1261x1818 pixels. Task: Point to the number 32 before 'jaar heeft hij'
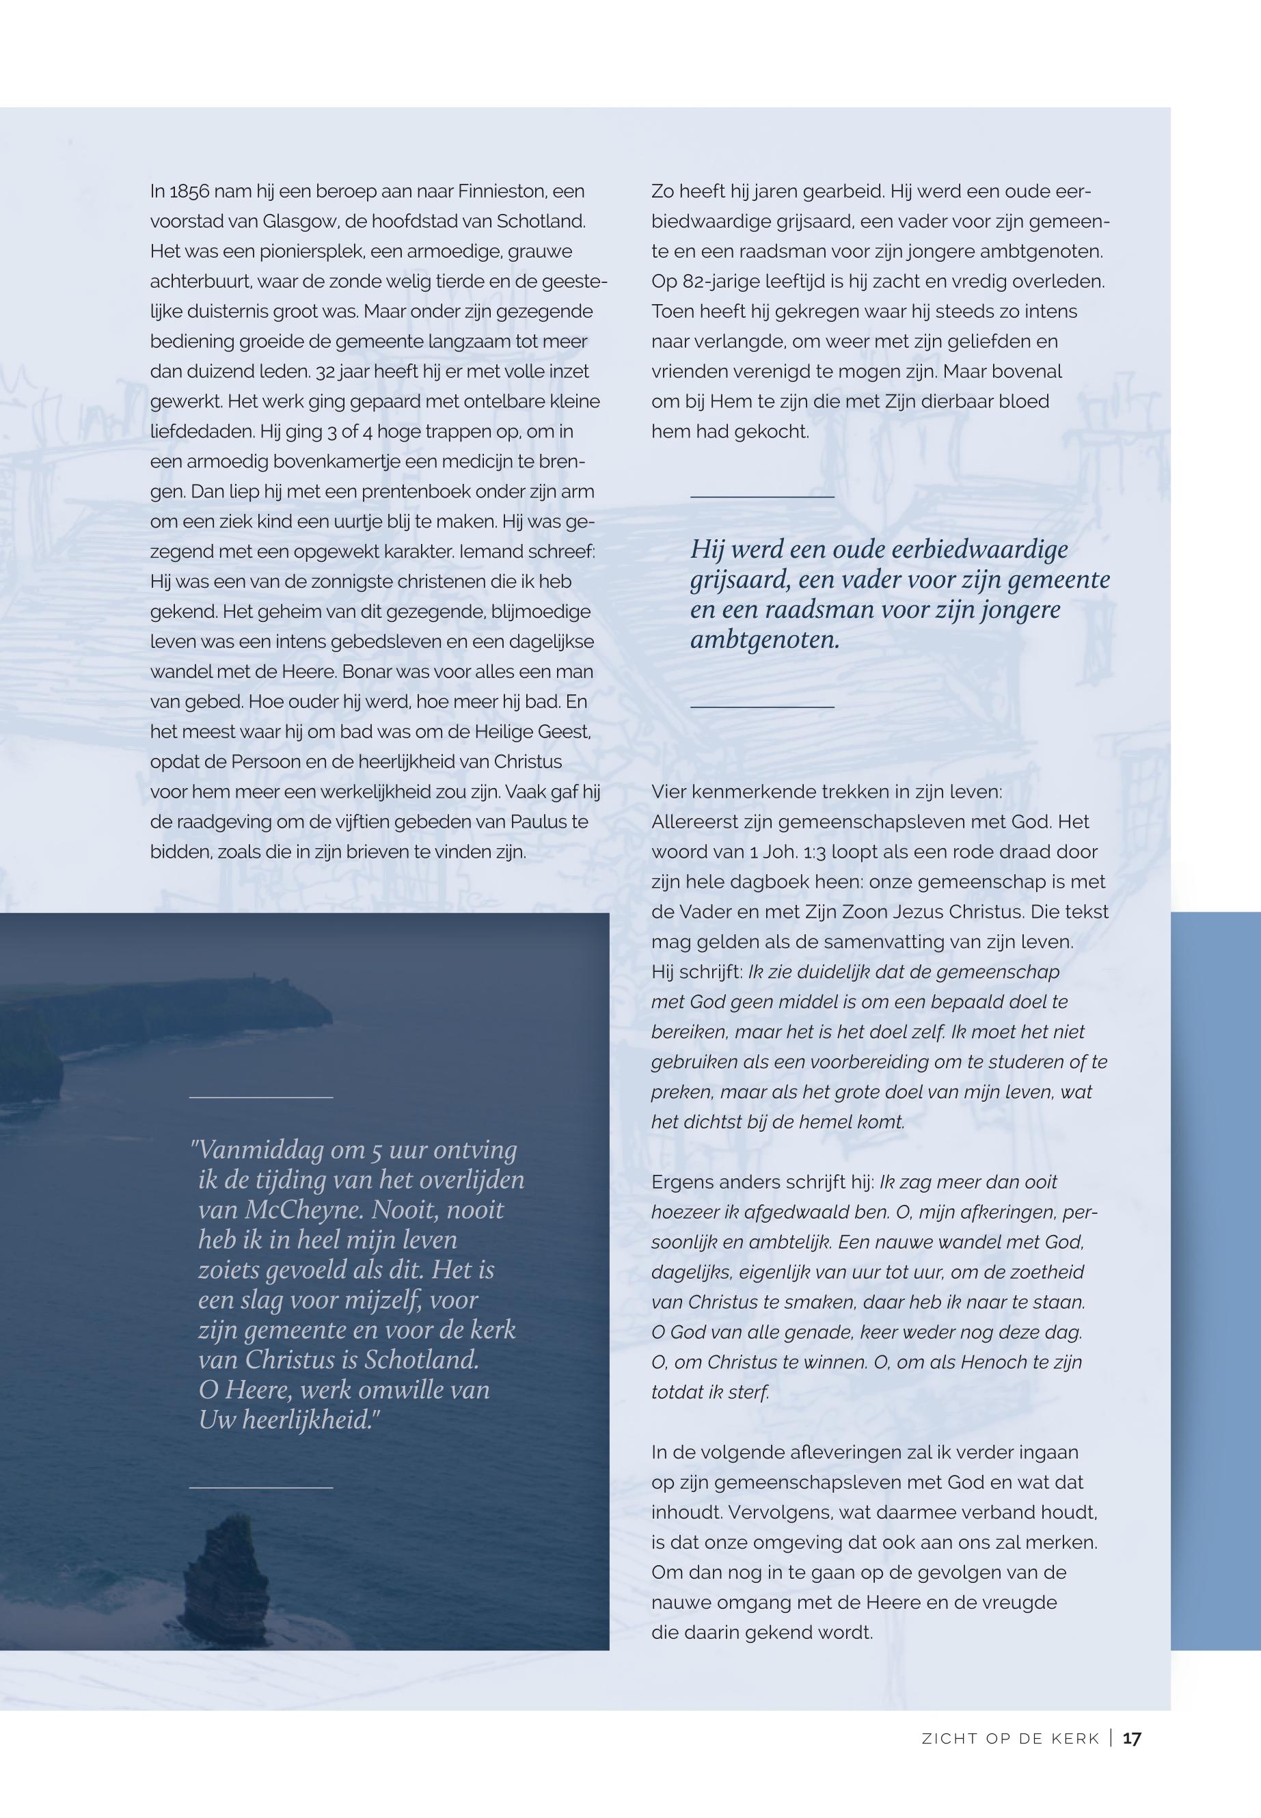pyautogui.click(x=325, y=371)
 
